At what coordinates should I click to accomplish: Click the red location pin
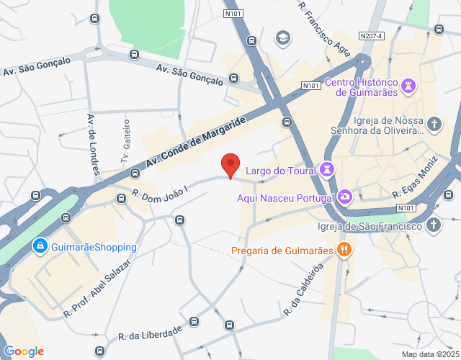[230, 165]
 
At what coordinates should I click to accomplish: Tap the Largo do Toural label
[281, 171]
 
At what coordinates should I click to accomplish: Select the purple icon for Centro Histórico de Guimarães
[408, 86]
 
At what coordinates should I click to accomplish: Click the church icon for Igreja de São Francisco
[434, 226]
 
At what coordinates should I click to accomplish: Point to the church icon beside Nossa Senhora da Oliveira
[434, 125]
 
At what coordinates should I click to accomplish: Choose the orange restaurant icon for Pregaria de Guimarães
[345, 251]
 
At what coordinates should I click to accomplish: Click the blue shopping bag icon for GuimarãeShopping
[41, 246]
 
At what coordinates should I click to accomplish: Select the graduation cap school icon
[284, 37]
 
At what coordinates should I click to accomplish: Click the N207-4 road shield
[371, 35]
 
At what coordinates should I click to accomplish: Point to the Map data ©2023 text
[429, 354]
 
